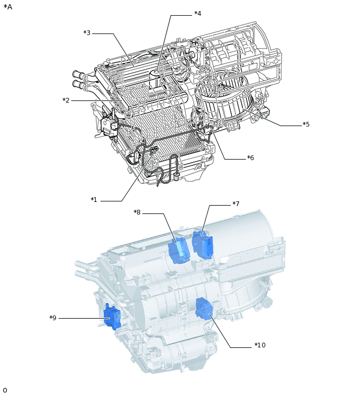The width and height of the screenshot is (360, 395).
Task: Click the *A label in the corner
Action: coord(8,7)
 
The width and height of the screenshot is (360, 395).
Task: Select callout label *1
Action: coord(94,200)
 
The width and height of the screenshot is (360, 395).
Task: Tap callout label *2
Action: coord(66,100)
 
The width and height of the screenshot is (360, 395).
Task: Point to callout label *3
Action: coord(87,33)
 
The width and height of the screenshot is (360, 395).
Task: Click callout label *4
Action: coord(197,14)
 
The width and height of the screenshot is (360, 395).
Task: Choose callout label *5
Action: coord(306,125)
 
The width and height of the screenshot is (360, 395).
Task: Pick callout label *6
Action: coord(251,157)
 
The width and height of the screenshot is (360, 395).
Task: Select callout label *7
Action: coord(235,204)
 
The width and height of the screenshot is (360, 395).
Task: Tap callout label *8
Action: coord(137,212)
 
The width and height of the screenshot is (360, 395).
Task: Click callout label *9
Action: coord(53,318)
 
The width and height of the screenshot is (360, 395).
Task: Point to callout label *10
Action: coord(260,345)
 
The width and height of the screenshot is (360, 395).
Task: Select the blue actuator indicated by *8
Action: coord(179,251)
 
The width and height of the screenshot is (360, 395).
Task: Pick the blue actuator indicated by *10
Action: coord(204,309)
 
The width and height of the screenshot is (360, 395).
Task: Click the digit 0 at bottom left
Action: coord(5,390)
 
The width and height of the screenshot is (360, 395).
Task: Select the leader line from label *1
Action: coord(133,178)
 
